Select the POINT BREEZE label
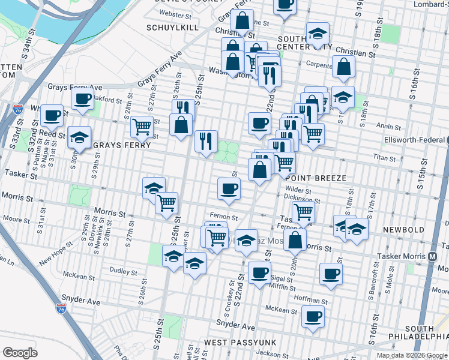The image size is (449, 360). click(312, 178)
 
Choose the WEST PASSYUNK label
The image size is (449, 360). click(234, 342)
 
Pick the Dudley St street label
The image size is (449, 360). click(125, 271)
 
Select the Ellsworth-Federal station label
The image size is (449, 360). click(414, 141)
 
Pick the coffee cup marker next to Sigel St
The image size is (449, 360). click(259, 272)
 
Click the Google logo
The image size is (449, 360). click(20, 353)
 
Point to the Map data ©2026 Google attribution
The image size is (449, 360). click(411, 355)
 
